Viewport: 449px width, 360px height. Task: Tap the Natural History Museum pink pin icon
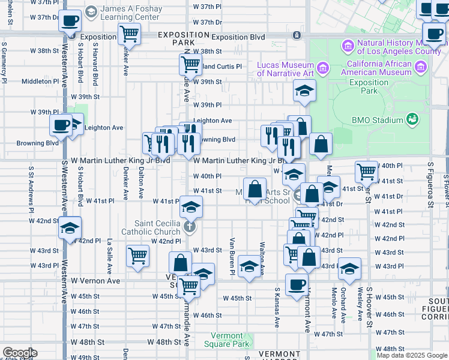point(347,46)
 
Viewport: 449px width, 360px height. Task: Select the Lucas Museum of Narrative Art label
point(285,69)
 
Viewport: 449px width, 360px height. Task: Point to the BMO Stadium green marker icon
point(412,119)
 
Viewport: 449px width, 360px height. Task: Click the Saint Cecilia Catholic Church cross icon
point(189,226)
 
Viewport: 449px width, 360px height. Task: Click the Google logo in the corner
point(19,353)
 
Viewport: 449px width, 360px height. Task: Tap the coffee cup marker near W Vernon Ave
point(297,284)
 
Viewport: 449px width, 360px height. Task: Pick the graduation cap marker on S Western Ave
point(70,228)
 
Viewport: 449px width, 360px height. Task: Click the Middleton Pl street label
point(40,82)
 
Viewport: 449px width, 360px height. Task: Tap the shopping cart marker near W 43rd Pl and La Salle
point(138,256)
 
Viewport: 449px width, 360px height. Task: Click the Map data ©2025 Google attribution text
point(412,355)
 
